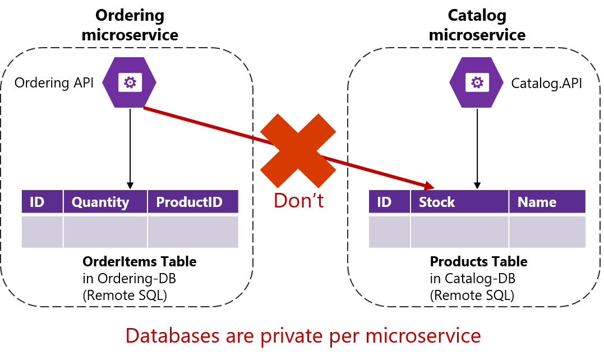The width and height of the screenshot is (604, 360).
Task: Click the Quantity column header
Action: click(x=100, y=202)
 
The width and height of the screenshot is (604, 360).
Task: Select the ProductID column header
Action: click(x=189, y=202)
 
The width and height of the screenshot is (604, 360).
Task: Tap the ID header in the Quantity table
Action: click(x=37, y=202)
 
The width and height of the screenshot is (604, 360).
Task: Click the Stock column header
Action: click(x=437, y=202)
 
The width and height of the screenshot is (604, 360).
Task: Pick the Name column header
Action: click(x=537, y=202)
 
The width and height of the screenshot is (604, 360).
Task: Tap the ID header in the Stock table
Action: click(x=384, y=202)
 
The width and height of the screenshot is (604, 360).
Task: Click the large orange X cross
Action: click(x=298, y=150)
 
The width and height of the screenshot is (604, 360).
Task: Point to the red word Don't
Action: click(x=298, y=201)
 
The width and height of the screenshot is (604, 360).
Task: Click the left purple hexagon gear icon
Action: click(x=130, y=82)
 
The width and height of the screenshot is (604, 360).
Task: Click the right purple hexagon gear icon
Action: click(x=477, y=82)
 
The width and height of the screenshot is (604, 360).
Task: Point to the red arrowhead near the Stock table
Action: click(x=430, y=186)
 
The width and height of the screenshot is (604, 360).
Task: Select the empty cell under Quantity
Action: click(x=105, y=231)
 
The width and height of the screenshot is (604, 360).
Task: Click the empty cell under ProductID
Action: click(x=193, y=231)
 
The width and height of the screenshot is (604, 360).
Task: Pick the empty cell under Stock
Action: click(x=459, y=231)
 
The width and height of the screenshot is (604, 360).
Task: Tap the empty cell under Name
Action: click(x=547, y=231)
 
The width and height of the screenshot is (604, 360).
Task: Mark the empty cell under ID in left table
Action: click(x=42, y=231)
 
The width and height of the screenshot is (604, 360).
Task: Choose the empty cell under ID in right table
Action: click(x=389, y=231)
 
